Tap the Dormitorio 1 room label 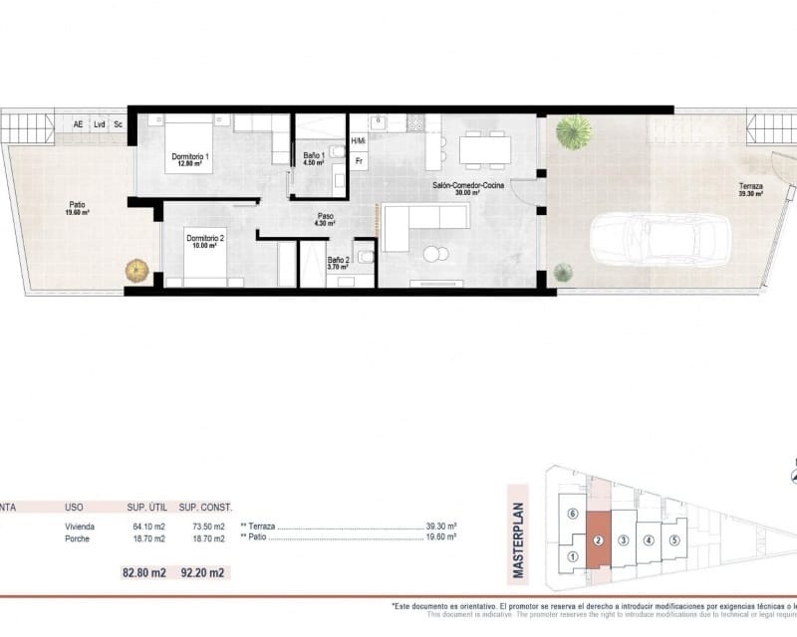[x=189, y=160]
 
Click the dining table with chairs [x=485, y=150]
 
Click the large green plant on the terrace [x=573, y=131]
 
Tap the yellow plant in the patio [x=136, y=270]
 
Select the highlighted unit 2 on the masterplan [x=597, y=540]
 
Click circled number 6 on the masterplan [x=571, y=515]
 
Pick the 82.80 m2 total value [x=144, y=573]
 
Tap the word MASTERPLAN [x=516, y=531]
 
